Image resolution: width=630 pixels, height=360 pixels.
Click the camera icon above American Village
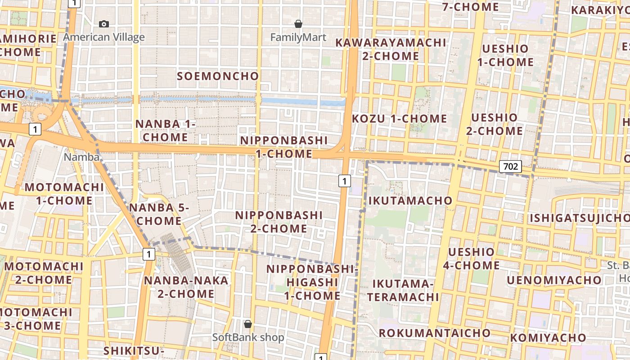click(104, 24)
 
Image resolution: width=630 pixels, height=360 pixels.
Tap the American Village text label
click(104, 37)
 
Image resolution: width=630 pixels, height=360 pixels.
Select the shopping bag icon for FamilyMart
click(298, 24)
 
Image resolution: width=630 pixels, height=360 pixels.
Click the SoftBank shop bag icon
click(247, 324)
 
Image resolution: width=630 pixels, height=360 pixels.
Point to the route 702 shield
click(510, 166)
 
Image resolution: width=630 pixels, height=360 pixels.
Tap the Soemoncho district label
click(218, 76)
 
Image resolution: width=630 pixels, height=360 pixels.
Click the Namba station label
click(81, 157)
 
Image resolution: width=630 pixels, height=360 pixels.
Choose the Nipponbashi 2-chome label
click(279, 222)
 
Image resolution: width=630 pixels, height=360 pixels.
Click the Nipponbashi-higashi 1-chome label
click(312, 282)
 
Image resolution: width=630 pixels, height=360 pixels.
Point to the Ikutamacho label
click(410, 201)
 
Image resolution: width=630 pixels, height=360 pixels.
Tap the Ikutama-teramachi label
click(403, 290)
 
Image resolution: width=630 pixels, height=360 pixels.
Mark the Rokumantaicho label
click(434, 333)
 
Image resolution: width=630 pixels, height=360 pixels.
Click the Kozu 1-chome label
click(399, 119)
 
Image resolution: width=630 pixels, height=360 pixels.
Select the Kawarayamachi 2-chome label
click(391, 49)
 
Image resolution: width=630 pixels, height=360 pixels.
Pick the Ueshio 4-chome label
click(471, 259)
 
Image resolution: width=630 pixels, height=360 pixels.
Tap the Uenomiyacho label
click(554, 280)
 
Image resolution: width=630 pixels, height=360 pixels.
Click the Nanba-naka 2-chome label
click(186, 287)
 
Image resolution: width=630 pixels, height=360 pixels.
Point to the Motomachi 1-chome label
click(64, 194)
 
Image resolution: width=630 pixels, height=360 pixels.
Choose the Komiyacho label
click(548, 337)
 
